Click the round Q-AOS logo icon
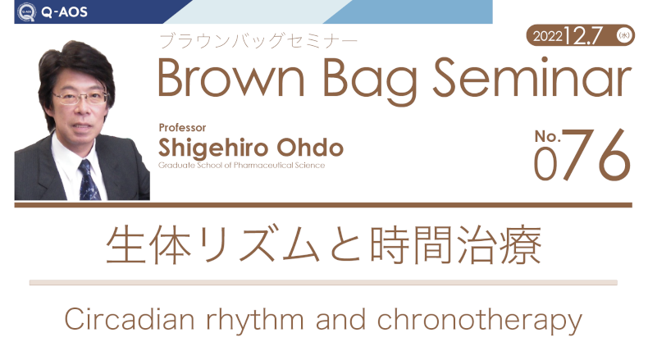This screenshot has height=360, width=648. pos(26,11)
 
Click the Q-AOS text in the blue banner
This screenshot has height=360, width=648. pos(65,12)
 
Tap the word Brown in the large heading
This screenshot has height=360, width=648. pos(231,79)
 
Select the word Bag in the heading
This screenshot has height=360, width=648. pos(370,81)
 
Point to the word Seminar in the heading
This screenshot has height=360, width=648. pos(532,77)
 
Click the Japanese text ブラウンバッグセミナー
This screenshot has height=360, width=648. pos(258,41)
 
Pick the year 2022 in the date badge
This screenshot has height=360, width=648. pos(548,36)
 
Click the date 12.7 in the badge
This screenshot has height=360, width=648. pos(582,35)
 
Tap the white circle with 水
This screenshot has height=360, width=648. pos(623,35)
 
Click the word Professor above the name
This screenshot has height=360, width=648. pos(182,128)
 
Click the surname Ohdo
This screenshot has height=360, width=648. pos(310,148)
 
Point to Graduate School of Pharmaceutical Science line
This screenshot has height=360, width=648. pos(242,166)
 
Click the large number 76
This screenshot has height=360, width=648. pos(596,155)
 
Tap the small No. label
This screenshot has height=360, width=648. pos(548,136)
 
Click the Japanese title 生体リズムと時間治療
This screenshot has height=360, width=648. pos(324,244)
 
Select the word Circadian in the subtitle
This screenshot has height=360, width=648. pos(130,320)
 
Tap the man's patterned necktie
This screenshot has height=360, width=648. pos(89,180)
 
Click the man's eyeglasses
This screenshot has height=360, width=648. pos(80,98)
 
